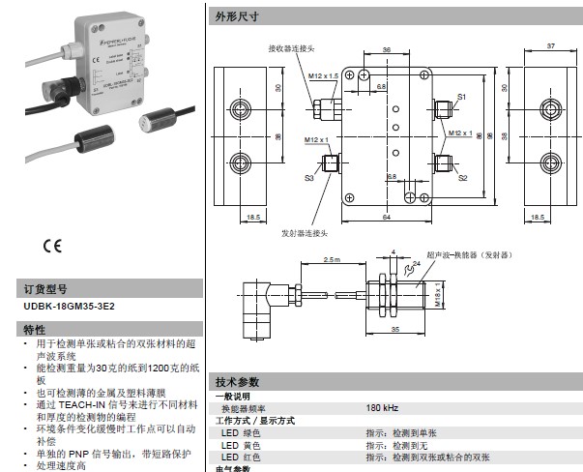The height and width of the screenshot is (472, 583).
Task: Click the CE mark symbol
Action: tap(51, 245)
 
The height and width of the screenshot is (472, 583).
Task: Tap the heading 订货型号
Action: tap(45, 289)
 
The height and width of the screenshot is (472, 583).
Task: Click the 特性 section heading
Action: tap(34, 330)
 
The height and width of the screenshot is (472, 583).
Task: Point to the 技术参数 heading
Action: tap(238, 383)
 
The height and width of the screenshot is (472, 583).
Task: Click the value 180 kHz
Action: tap(382, 408)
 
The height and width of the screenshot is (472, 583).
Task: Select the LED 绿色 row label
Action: tap(242, 432)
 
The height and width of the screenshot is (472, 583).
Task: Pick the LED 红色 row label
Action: tap(242, 457)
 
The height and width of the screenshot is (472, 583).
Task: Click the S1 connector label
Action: tap(462, 98)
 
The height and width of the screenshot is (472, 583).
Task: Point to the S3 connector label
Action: tap(310, 178)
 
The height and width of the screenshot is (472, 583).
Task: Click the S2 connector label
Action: tap(463, 178)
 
